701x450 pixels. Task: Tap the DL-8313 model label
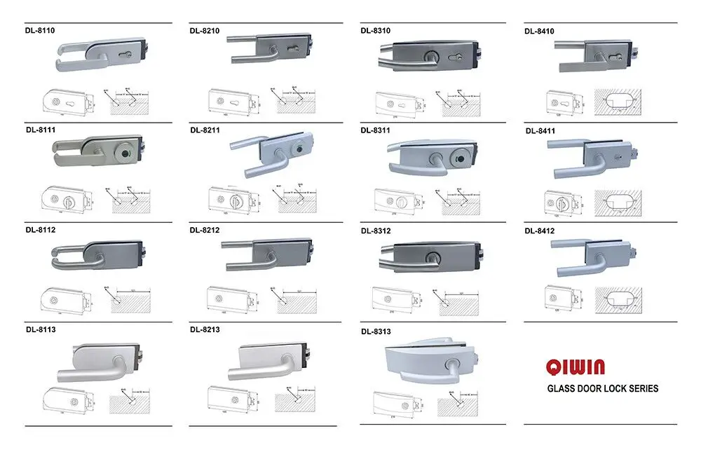(376, 331)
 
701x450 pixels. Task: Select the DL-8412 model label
(540, 230)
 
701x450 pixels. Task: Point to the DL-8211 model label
(205, 130)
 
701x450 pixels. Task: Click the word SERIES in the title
(642, 388)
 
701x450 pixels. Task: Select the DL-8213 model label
(205, 329)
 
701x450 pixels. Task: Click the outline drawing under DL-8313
(397, 404)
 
